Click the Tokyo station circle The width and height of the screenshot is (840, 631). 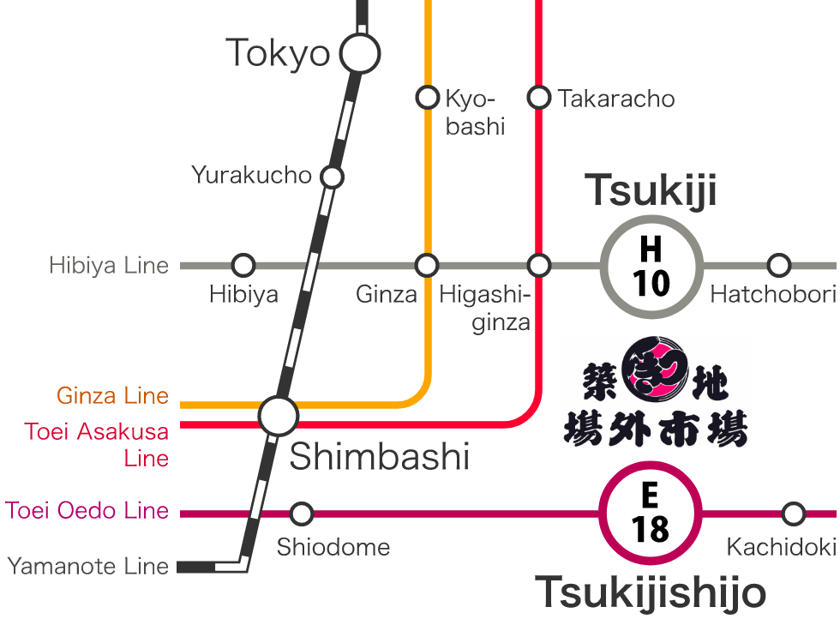[360, 54]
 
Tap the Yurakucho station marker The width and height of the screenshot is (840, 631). [332, 177]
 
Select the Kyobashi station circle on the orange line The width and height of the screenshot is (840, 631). [427, 97]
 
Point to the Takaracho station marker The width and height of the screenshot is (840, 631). [539, 97]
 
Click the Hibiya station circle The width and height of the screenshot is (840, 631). [244, 265]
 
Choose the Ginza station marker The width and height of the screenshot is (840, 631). [427, 265]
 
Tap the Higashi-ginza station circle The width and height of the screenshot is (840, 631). [539, 265]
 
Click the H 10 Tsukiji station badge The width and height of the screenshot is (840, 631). [651, 266]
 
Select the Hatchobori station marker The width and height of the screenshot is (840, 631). [778, 265]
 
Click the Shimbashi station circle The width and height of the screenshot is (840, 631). [279, 416]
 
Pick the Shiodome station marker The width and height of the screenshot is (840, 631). [302, 514]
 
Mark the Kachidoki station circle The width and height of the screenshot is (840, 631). [794, 514]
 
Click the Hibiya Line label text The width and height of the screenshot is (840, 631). [109, 266]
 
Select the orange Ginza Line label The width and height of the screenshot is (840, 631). [112, 396]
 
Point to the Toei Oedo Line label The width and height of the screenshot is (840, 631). [87, 511]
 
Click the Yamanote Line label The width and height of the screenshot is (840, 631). [88, 566]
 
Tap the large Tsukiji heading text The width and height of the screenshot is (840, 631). [651, 190]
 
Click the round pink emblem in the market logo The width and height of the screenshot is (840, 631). [654, 370]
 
